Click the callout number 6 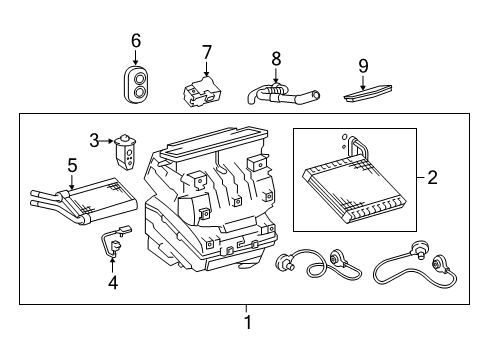tap(136, 41)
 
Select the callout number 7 tap(206, 51)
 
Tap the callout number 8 tap(276, 58)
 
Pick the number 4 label tap(112, 283)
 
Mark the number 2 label tap(432, 179)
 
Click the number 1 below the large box tap(247, 322)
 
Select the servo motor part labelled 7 tap(204, 92)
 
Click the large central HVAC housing tap(210, 210)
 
